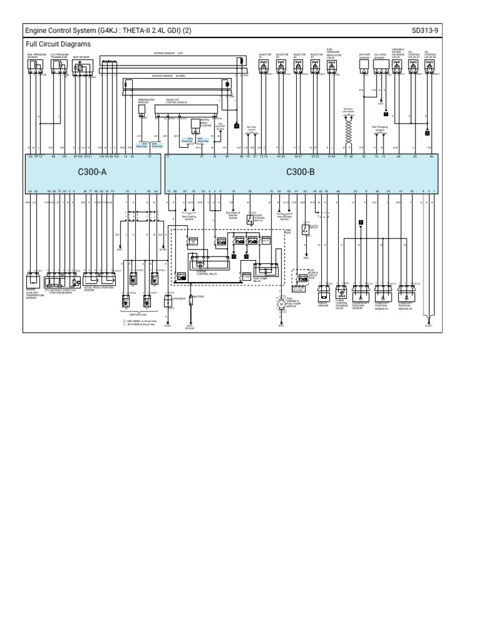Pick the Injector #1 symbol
pyautogui.click(x=264, y=64)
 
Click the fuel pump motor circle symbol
pyautogui.click(x=281, y=305)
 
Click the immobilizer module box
pyautogui.click(x=142, y=109)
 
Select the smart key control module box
pyautogui.click(x=187, y=108)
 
